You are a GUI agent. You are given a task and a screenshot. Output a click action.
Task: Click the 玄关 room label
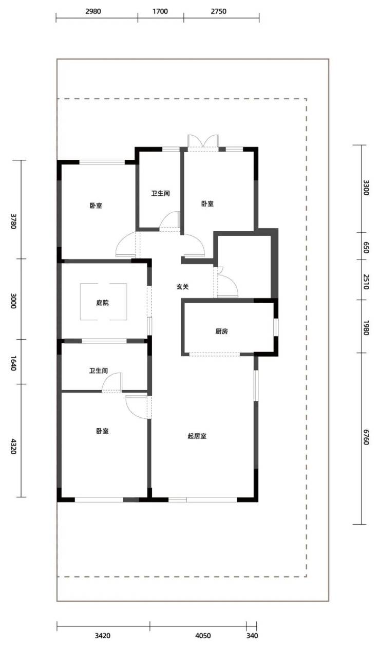click(x=183, y=287)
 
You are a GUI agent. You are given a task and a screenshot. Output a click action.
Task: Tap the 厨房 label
click(x=222, y=331)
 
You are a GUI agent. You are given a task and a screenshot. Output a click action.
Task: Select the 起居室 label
click(x=197, y=436)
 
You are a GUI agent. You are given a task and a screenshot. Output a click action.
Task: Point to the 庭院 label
click(x=102, y=303)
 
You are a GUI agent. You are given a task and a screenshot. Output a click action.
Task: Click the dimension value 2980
click(x=93, y=11)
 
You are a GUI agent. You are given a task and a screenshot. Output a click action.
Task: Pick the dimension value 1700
click(x=160, y=11)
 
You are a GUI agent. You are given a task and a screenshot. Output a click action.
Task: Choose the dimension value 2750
click(x=218, y=11)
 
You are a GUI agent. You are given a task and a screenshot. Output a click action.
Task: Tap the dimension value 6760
click(x=366, y=437)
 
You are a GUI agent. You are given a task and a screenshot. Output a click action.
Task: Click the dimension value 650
click(x=366, y=248)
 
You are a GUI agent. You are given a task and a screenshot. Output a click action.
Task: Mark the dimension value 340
click(x=252, y=636)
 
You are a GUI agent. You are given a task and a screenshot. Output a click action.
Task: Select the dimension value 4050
click(x=203, y=636)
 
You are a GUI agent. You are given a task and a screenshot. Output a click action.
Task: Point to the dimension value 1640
click(x=13, y=363)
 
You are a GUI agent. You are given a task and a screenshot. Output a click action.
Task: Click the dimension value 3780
click(x=13, y=221)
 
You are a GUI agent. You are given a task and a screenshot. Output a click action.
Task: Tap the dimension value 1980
click(x=366, y=327)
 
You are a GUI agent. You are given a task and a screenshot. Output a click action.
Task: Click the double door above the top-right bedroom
click(x=203, y=142)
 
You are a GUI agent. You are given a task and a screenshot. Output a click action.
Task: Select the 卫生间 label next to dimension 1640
click(x=99, y=371)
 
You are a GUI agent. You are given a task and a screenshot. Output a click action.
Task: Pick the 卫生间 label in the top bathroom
click(x=160, y=193)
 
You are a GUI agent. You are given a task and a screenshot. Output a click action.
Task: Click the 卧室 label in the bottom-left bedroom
click(x=102, y=431)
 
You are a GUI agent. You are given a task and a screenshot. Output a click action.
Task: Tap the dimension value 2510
click(x=366, y=282)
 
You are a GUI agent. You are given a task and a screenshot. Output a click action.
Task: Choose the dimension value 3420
click(x=103, y=636)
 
